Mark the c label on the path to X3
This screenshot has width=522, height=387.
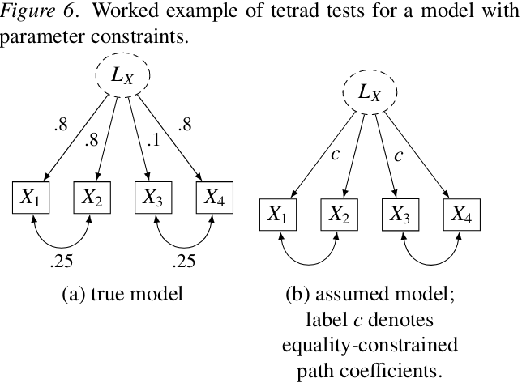coord(397,154)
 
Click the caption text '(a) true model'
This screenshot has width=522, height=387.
coord(122,294)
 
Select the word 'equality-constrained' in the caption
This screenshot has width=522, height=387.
coord(370,347)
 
